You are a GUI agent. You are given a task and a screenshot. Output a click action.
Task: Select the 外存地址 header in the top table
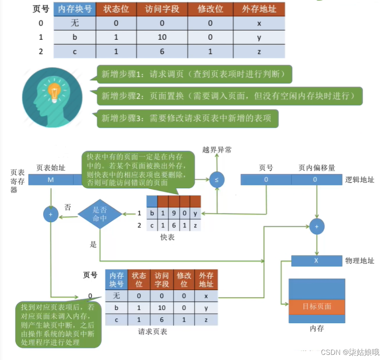point(259,9)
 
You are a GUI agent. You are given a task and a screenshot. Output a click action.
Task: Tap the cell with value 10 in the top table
point(162,37)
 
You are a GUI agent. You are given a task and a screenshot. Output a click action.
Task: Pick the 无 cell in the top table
point(75,23)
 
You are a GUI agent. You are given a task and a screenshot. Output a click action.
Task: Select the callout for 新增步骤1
point(194,74)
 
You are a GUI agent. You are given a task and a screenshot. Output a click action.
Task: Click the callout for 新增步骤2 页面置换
point(229,96)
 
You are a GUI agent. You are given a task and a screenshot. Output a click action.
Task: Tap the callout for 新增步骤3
point(187,118)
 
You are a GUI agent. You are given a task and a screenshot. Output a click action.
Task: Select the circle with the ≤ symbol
point(217,180)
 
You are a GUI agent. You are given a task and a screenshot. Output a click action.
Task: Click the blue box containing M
point(51,180)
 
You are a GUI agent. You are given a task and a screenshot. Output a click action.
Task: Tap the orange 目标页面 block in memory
point(317,306)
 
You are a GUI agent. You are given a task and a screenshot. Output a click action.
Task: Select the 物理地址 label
point(359,261)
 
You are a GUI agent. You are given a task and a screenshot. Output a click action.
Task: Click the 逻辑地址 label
point(359,180)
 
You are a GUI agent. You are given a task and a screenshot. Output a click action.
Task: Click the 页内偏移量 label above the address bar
point(317,168)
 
